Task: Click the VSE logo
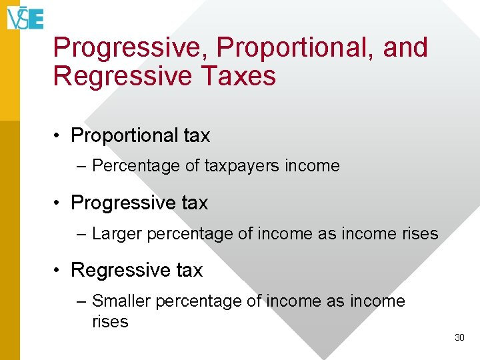click(25, 18)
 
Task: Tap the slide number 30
click(459, 337)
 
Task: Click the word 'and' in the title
click(405, 47)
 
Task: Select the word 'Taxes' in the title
click(239, 75)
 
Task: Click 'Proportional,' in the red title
click(295, 49)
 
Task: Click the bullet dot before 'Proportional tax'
click(56, 135)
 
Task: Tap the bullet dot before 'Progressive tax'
click(56, 203)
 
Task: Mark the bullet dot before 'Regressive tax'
click(56, 270)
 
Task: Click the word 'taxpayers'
click(242, 167)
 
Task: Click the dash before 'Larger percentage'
click(81, 235)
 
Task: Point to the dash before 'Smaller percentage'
click(81, 302)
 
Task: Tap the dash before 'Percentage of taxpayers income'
click(81, 167)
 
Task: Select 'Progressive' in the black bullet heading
click(124, 203)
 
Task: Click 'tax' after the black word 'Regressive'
click(189, 270)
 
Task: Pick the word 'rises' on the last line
click(110, 322)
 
